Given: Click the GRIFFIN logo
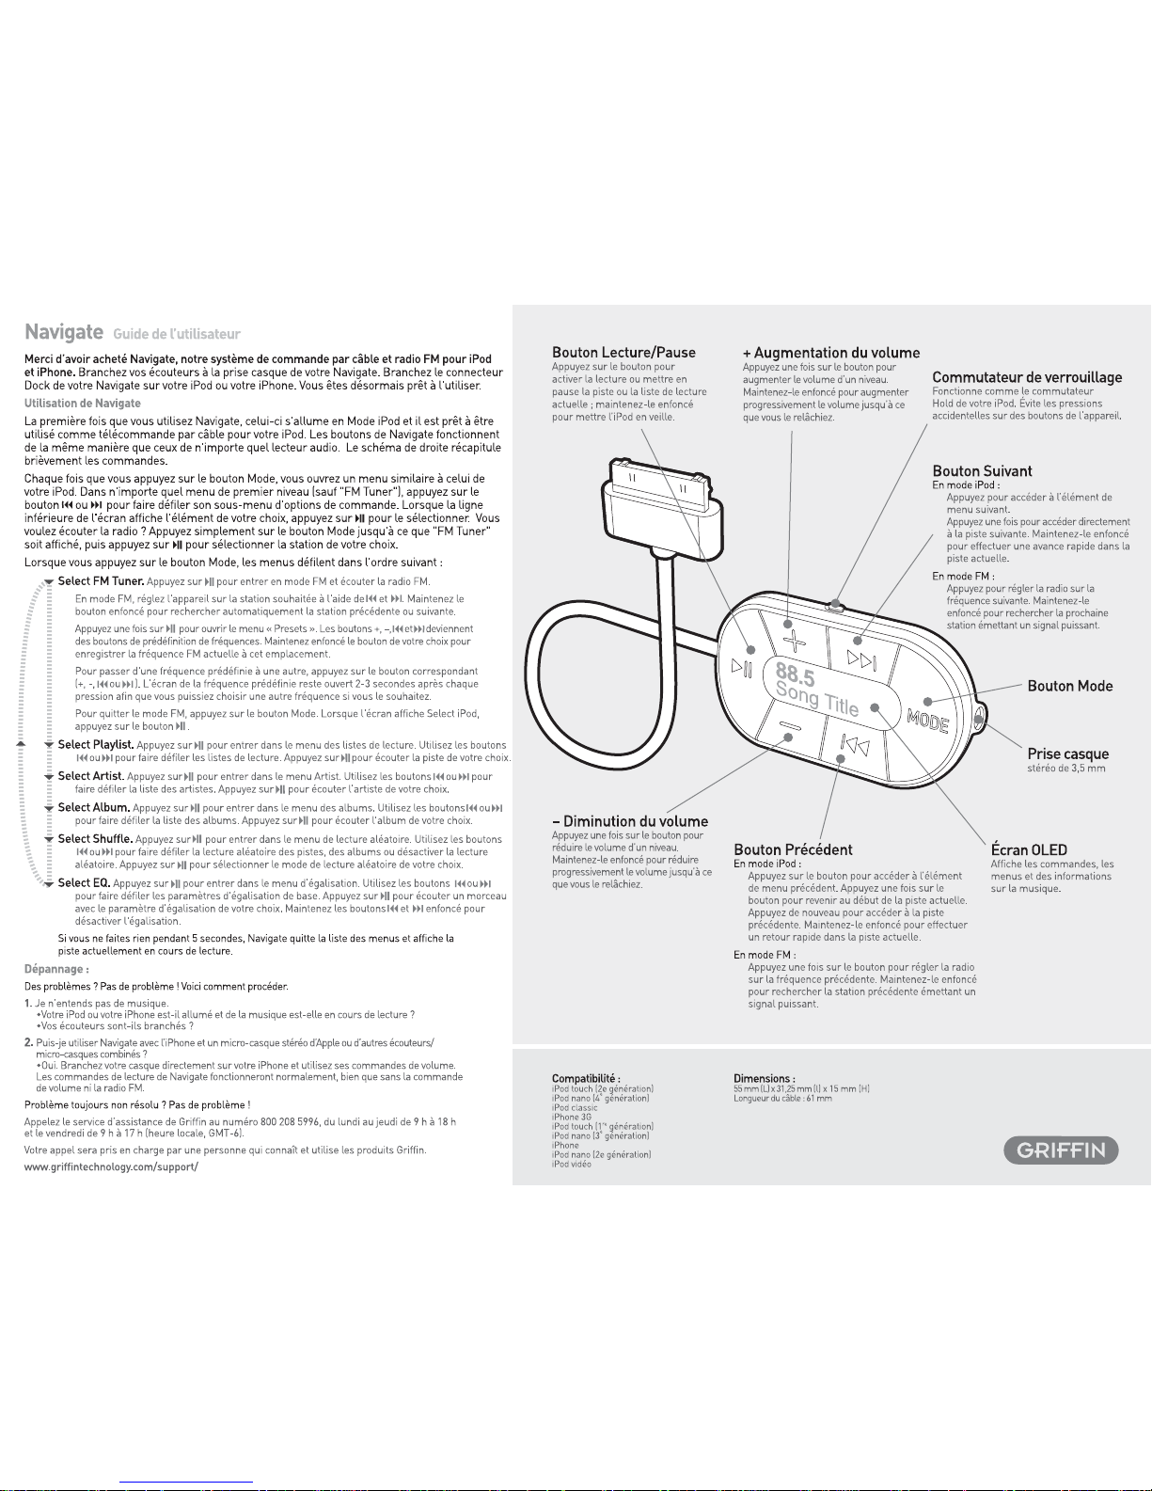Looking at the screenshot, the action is [1061, 1150].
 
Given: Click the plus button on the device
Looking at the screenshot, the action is [795, 641].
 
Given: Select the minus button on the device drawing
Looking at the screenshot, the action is [789, 726].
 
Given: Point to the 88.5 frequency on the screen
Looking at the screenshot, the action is [797, 674].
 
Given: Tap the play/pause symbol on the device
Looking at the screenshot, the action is [742, 667].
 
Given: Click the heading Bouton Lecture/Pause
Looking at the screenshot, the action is [623, 352].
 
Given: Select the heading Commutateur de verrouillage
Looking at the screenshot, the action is [1027, 376].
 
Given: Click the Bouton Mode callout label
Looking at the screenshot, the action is [1070, 686].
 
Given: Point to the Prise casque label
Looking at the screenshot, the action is [1067, 753].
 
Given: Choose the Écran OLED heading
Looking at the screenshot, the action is [1029, 849].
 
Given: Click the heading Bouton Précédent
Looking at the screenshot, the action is [793, 849].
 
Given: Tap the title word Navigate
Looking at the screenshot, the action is [64, 332].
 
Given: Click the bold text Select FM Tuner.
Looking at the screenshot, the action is [101, 581].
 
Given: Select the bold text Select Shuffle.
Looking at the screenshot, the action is [95, 838].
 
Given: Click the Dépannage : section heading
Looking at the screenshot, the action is [56, 969].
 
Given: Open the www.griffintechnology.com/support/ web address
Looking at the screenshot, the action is [111, 1166].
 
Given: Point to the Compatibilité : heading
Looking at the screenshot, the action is [586, 1078].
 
